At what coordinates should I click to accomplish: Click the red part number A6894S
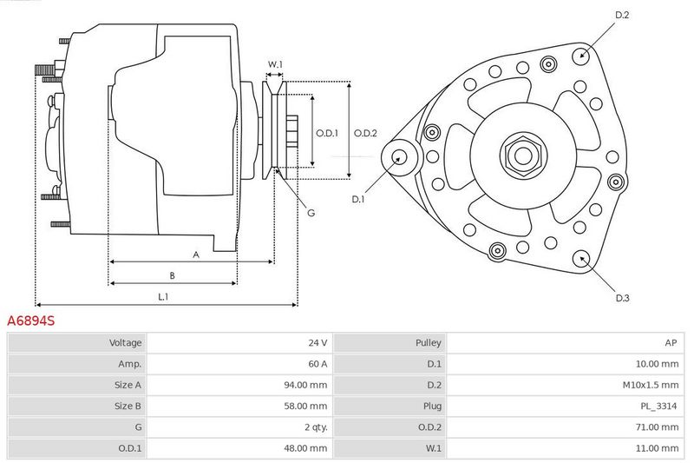(31, 321)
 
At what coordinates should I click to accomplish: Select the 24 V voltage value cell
(318, 342)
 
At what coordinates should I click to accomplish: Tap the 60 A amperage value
(318, 364)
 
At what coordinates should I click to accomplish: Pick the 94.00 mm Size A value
(305, 385)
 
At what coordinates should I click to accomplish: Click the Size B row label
(128, 406)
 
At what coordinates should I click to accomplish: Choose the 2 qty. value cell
(316, 427)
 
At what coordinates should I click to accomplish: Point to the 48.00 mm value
(305, 448)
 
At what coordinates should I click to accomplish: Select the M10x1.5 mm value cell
(650, 385)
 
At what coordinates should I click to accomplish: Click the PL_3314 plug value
(658, 407)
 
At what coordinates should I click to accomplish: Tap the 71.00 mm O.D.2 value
(657, 427)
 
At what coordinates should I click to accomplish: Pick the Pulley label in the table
(428, 343)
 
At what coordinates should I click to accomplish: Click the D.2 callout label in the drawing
(622, 15)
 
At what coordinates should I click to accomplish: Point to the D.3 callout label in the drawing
(622, 298)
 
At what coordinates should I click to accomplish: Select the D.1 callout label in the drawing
(357, 200)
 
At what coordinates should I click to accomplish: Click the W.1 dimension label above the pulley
(275, 64)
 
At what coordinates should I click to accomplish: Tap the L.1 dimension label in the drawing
(163, 296)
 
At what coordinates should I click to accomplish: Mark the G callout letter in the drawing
(311, 213)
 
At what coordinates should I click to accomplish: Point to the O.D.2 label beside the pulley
(365, 133)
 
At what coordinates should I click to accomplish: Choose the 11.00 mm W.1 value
(657, 448)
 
